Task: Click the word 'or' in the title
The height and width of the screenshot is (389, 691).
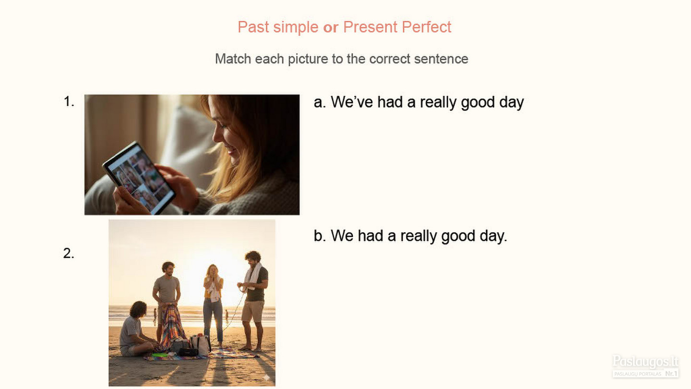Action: [331, 27]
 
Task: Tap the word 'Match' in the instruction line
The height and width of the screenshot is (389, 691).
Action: [233, 59]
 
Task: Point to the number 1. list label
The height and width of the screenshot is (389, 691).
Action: [69, 101]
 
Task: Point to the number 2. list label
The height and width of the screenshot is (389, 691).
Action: [69, 254]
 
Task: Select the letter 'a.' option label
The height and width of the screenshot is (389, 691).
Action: [320, 102]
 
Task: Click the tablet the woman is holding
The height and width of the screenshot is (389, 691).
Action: [139, 178]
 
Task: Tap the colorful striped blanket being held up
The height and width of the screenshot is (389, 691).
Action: [171, 326]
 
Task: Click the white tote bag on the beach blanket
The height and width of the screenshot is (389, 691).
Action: [200, 344]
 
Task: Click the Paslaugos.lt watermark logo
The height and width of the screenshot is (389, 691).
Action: [645, 366]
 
